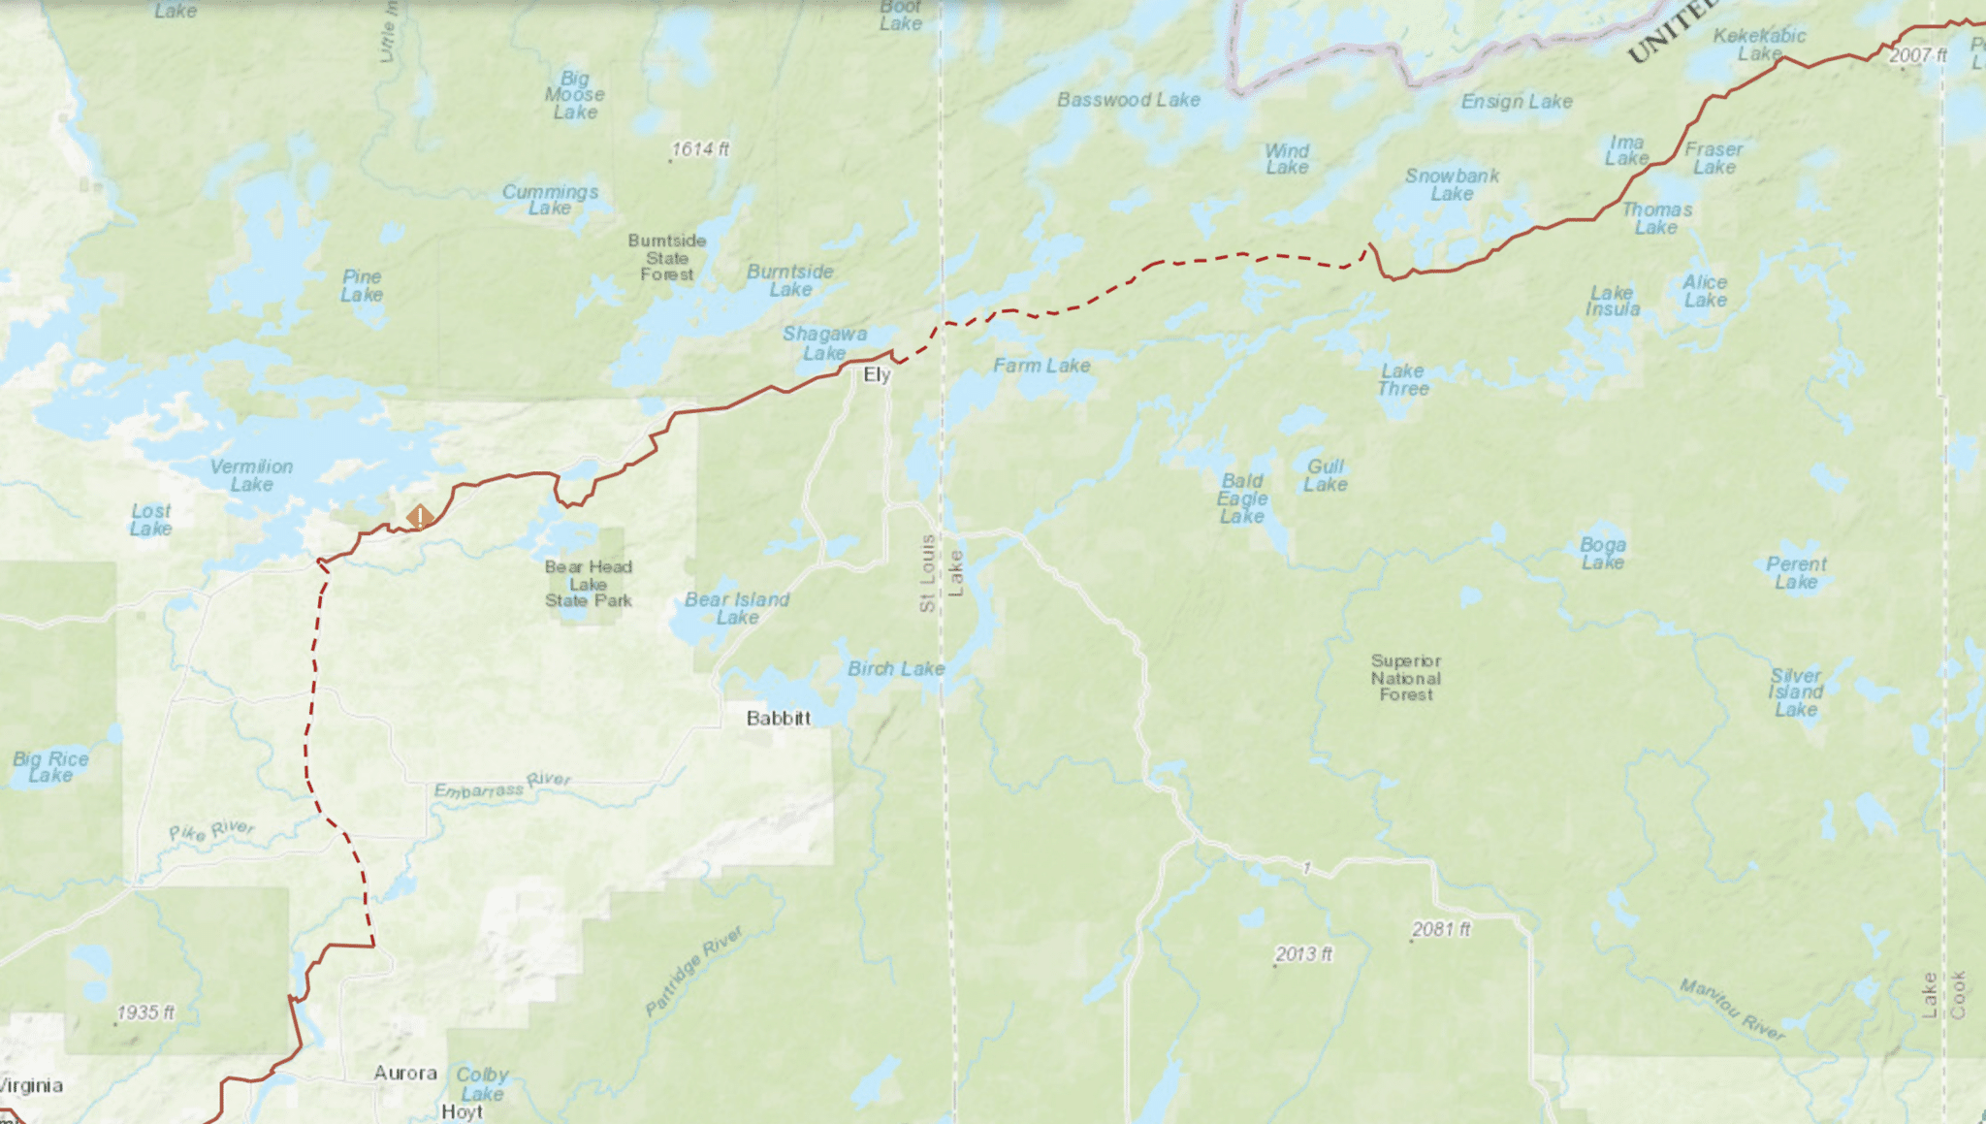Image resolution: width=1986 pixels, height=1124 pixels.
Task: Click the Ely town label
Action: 877,375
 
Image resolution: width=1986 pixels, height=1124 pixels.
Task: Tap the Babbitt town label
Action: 778,719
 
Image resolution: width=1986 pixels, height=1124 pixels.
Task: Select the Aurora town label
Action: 405,1074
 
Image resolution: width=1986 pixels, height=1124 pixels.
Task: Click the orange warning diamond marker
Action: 419,517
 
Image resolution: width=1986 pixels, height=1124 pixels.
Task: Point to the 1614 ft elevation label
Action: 699,149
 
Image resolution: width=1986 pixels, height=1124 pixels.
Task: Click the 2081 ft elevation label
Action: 1441,929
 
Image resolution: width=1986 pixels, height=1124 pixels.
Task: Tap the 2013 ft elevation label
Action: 1303,954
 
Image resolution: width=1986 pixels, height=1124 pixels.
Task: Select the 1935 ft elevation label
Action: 145,1012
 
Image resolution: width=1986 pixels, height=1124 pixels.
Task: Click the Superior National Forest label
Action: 1406,678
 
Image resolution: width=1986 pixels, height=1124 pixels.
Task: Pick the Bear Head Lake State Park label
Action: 588,584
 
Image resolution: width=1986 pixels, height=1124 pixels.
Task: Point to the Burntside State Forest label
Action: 667,258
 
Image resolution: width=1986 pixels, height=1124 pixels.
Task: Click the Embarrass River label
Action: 501,786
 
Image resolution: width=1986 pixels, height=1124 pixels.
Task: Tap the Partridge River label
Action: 693,971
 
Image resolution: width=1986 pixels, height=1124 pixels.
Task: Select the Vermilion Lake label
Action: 251,475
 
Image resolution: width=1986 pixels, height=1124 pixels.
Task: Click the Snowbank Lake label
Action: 1452,184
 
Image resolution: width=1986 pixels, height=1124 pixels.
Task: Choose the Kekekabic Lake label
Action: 1759,44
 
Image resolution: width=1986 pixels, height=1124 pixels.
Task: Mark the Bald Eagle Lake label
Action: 1242,498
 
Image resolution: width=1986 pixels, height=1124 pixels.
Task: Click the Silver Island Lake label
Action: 1795,692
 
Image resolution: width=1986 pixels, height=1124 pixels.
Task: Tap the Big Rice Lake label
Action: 50,766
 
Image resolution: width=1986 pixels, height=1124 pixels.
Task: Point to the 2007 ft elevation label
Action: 1917,55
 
